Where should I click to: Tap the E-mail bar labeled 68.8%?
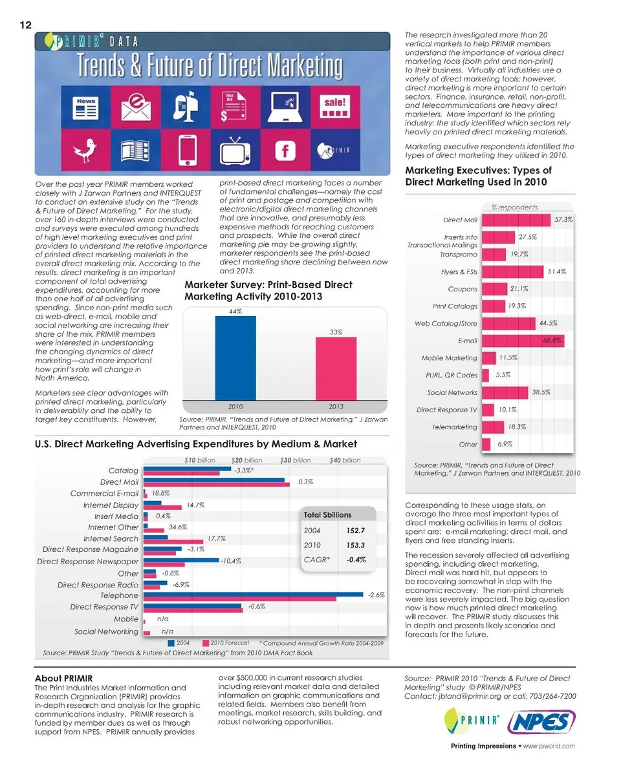(x=523, y=340)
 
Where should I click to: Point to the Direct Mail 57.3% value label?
(x=564, y=220)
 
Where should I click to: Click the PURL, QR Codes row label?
(x=452, y=375)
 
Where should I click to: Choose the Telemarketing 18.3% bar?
(x=494, y=427)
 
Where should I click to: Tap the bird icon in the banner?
(x=85, y=151)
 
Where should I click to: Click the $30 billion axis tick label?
(x=295, y=460)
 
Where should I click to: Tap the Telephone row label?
(x=119, y=595)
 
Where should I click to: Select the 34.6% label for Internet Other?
(x=177, y=527)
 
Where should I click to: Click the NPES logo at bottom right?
(x=540, y=721)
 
